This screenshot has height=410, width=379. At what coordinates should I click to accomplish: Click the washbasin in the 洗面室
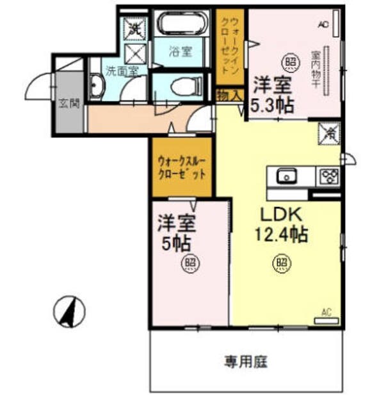pyautogui.click(x=97, y=88)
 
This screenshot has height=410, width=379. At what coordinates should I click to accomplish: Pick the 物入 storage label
pyautogui.click(x=229, y=95)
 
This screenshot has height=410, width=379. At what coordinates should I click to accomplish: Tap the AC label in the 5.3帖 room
pyautogui.click(x=323, y=24)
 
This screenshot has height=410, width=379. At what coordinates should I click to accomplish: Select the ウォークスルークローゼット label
pyautogui.click(x=182, y=167)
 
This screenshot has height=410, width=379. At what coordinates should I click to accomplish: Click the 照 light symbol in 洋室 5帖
pyautogui.click(x=189, y=262)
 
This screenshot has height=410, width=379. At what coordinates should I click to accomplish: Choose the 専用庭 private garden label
pyautogui.click(x=245, y=361)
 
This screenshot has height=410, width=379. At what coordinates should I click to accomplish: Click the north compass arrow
pyautogui.click(x=72, y=311)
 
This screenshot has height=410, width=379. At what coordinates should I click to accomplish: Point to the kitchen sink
pyautogui.click(x=286, y=175)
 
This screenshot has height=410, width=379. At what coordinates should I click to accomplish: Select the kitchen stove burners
pyautogui.click(x=328, y=175)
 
